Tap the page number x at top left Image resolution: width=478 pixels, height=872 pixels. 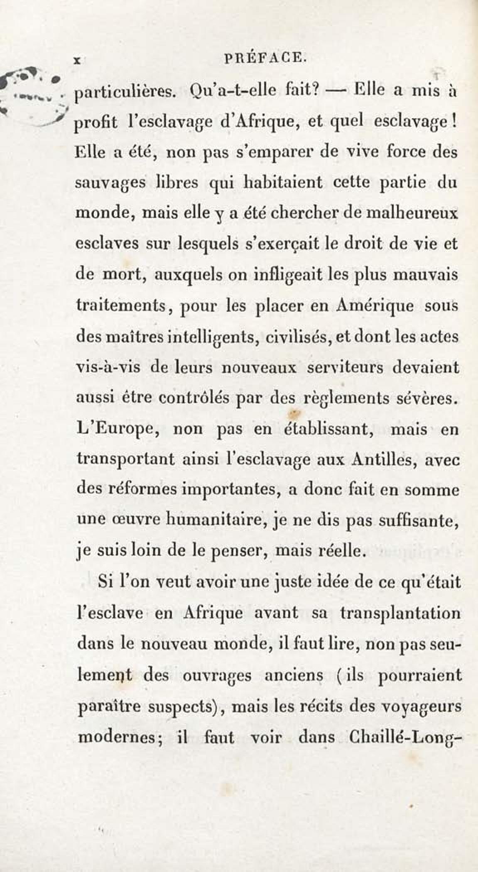(76, 60)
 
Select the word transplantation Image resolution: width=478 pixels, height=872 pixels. (400, 613)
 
